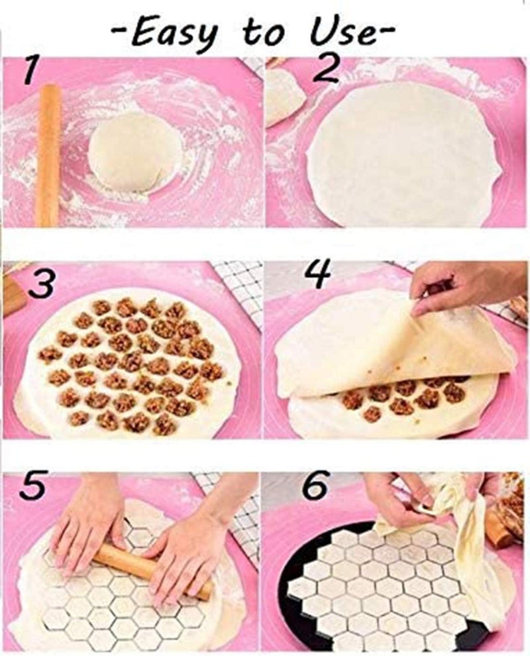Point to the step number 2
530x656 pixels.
pyautogui.click(x=325, y=69)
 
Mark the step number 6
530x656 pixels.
pyautogui.click(x=317, y=485)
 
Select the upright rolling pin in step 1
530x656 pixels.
pyautogui.click(x=48, y=155)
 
